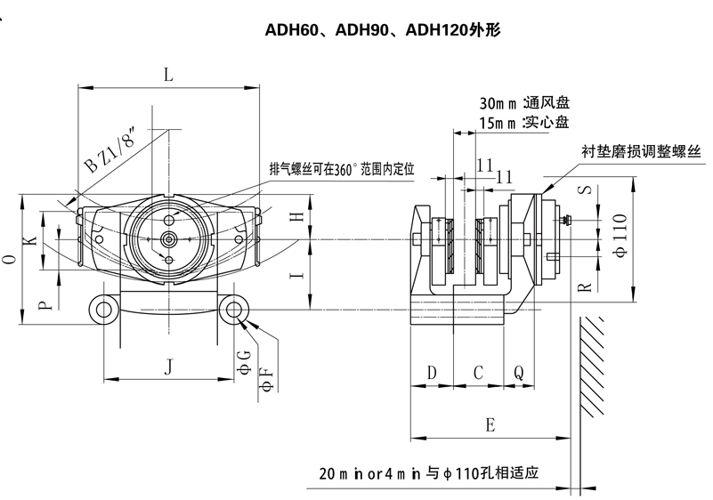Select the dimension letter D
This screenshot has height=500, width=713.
[432, 372]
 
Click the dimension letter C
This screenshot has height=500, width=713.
[478, 372]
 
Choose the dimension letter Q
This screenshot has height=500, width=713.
[519, 372]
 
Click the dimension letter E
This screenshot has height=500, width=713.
[490, 425]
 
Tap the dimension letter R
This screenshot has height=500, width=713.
[585, 286]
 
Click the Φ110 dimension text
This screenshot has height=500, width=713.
[620, 240]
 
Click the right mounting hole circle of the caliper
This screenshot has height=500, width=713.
[237, 309]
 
